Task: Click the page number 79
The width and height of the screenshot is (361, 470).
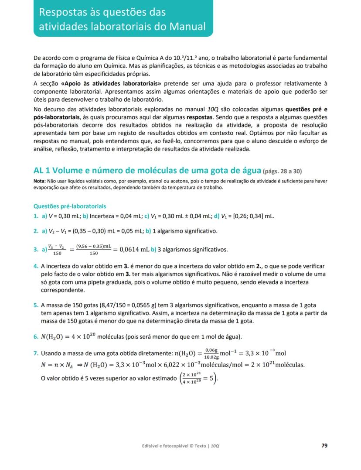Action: pos(324,446)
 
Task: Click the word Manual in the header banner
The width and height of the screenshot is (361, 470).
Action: pos(187,26)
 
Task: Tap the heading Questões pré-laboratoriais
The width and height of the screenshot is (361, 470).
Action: pos(70,206)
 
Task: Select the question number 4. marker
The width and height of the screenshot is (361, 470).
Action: pos(36,266)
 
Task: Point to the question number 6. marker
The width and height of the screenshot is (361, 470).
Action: pos(36,336)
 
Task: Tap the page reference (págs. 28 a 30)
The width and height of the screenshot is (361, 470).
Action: pos(283,171)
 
